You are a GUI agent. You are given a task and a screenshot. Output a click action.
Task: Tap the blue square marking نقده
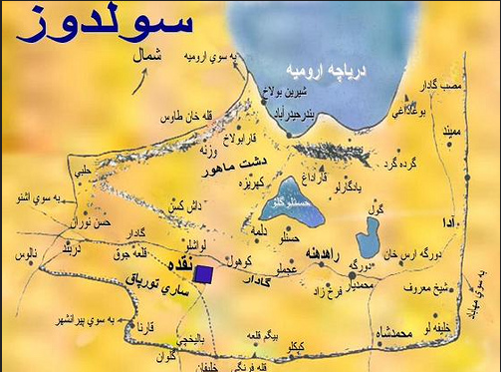pos(203,274)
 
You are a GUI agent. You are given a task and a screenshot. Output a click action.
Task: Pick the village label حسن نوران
pos(97,215)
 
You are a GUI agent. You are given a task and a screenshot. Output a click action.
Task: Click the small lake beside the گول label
pos(367,237)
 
